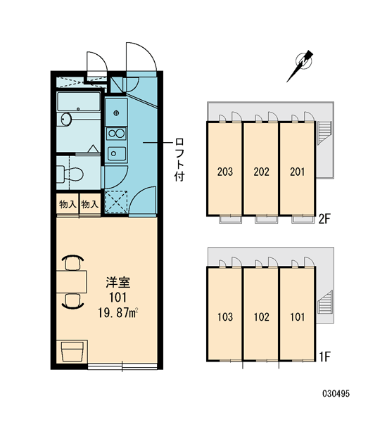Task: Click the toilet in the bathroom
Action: coord(70,174)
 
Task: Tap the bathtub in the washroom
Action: coord(79,101)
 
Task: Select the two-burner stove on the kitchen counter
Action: coord(116,134)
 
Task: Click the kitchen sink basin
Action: coord(116,153)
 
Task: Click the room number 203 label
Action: coord(225,172)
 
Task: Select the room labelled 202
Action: coord(261,172)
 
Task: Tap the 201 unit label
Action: coord(298,172)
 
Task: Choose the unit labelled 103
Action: coord(225,316)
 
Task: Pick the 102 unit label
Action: coord(261,316)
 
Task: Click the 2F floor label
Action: coord(324,219)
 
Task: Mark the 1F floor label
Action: coord(324,357)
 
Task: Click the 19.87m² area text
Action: coord(118,313)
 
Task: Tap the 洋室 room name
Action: coord(118,282)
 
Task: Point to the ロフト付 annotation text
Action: coord(179,160)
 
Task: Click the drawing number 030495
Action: coord(336,394)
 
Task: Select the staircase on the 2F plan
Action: coord(325,133)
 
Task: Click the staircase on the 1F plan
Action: coord(325,302)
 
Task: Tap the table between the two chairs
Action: coord(72,282)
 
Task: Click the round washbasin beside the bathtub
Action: coord(66,119)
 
